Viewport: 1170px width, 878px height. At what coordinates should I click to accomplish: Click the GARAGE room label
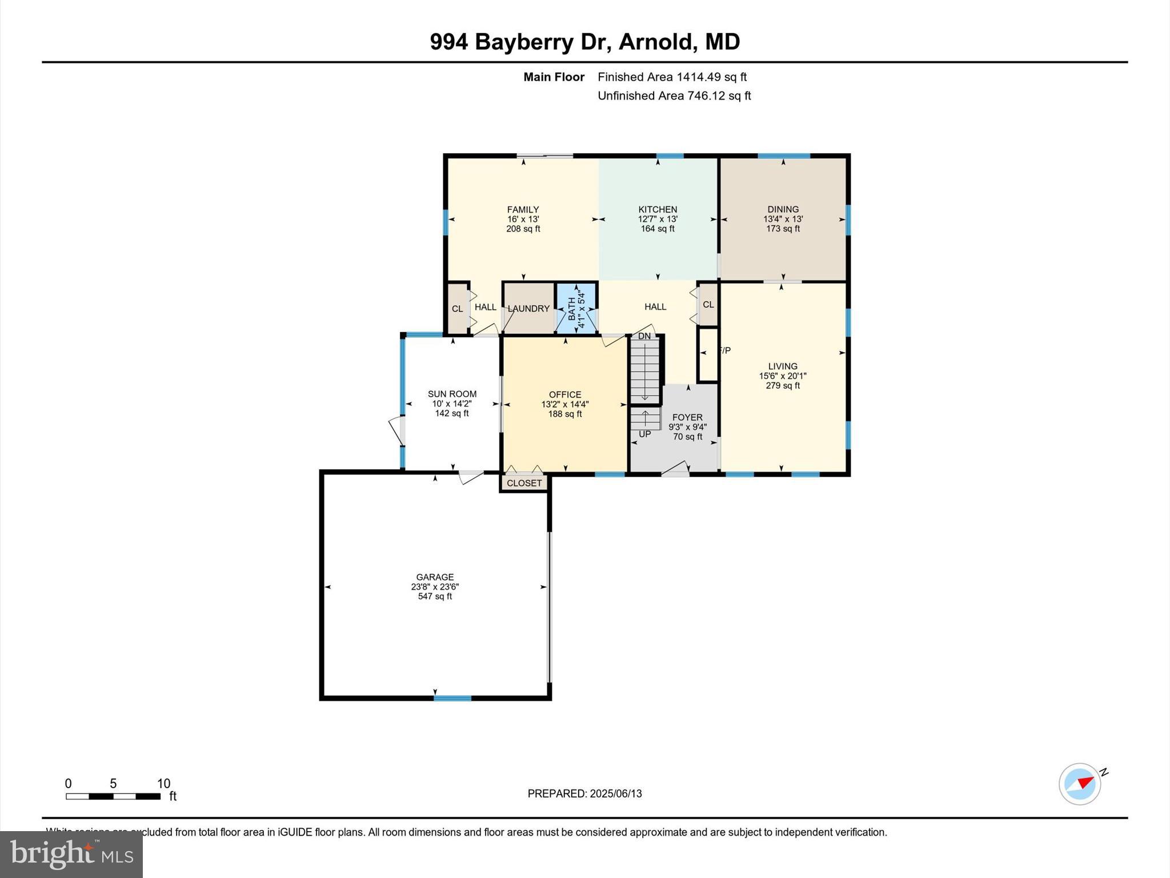coord(435,577)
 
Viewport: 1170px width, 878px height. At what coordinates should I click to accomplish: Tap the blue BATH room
coord(576,309)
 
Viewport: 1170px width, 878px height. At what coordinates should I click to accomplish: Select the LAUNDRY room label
coord(528,309)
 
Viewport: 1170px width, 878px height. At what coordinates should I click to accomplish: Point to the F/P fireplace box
coord(708,354)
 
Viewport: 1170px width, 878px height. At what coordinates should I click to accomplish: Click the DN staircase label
coord(644,336)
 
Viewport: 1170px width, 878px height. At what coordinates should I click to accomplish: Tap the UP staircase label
coord(644,434)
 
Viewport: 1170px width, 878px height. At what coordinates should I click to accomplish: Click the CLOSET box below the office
coord(524,483)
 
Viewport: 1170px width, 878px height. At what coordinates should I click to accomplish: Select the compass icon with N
coord(1080,784)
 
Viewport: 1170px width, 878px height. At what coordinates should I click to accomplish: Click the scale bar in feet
coord(113,796)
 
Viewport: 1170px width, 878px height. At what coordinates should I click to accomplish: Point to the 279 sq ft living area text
coord(783,386)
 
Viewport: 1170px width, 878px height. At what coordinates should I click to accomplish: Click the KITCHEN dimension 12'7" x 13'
coord(658,219)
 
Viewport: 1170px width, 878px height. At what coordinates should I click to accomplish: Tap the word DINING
coord(783,209)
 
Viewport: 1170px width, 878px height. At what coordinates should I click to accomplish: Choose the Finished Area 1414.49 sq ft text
coord(672,77)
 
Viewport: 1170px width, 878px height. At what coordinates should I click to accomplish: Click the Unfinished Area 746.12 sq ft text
coord(674,96)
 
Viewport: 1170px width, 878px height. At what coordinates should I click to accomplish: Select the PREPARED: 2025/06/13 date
coord(584,793)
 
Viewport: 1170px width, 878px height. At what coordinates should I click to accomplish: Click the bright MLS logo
coord(71,855)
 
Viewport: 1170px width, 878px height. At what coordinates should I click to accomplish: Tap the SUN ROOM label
coord(452,394)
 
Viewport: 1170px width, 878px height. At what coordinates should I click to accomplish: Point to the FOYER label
coord(687,417)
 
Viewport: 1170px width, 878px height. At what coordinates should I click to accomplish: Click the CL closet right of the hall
coord(708,305)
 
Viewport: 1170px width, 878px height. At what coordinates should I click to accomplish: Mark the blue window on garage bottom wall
coord(452,698)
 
